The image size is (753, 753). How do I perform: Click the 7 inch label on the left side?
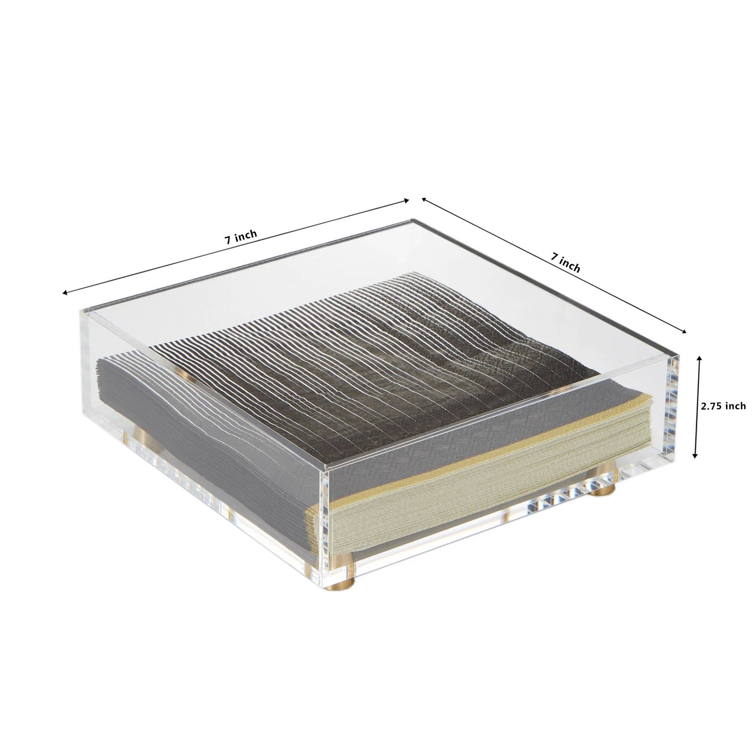tap(241, 238)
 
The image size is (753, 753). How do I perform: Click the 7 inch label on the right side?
tap(566, 262)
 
